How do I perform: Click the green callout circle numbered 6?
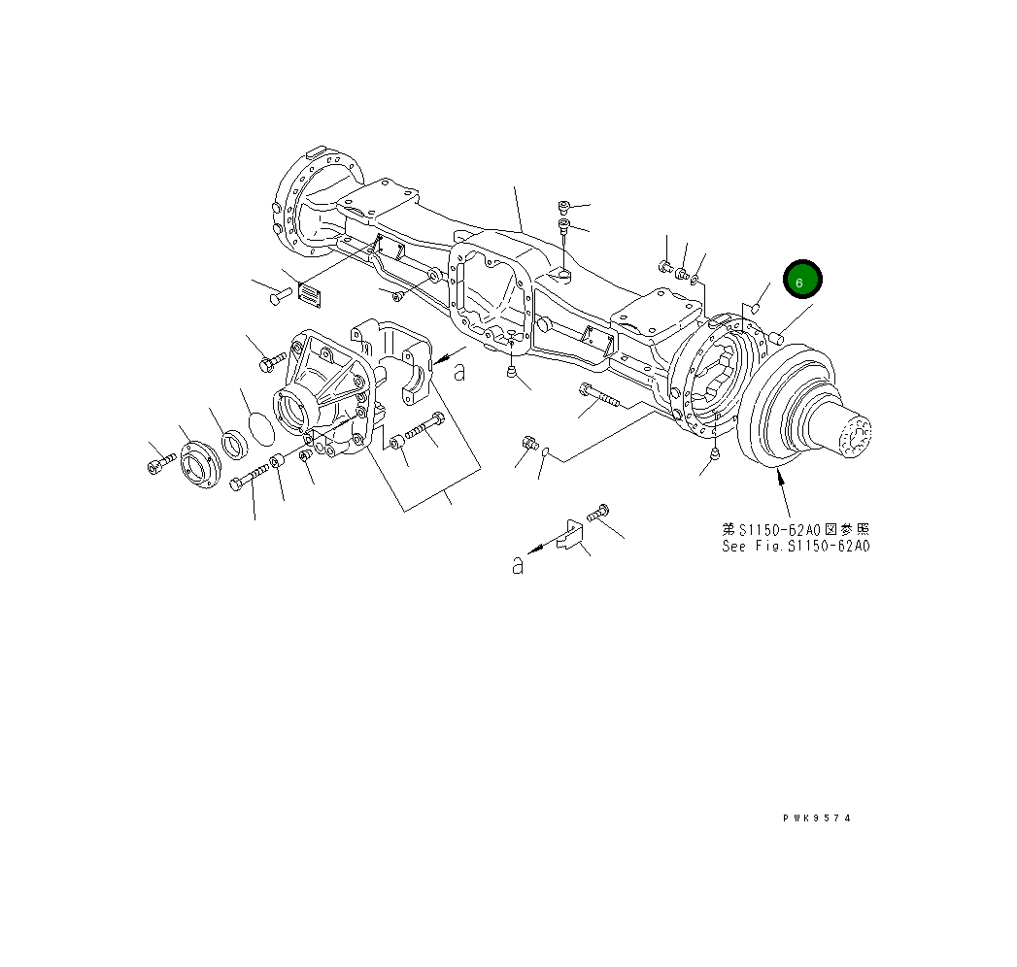802,282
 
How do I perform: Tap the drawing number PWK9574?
816,818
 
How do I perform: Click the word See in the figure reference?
733,547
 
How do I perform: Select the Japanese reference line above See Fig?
796,530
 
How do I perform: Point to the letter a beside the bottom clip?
519,565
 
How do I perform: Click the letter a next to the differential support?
459,370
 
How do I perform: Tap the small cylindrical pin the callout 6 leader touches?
777,338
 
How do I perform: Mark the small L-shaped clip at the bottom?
568,537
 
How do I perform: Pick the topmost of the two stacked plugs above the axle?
564,206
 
